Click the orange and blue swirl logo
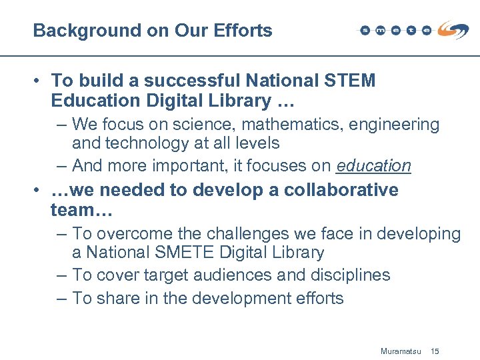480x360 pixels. click(x=453, y=29)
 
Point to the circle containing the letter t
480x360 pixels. click(x=411, y=30)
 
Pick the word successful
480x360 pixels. click(x=193, y=81)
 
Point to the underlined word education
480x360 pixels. click(x=373, y=165)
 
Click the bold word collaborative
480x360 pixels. click(x=341, y=190)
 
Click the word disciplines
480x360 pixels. click(x=351, y=275)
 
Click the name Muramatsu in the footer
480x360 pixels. click(x=400, y=351)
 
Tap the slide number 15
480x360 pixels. click(x=435, y=351)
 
